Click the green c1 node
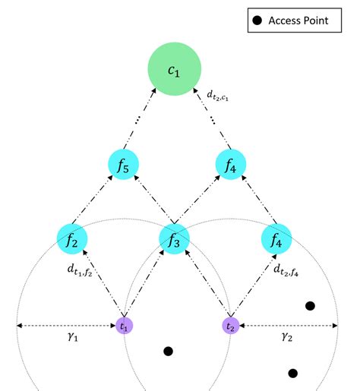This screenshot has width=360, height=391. [173, 70]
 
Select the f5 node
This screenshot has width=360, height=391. [122, 164]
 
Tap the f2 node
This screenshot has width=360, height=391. [72, 239]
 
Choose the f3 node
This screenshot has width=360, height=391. [173, 239]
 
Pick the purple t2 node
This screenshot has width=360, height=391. [230, 325]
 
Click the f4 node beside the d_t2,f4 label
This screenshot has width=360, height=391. [276, 239]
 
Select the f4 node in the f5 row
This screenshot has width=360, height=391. [230, 164]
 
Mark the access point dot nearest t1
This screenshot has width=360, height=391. [168, 351]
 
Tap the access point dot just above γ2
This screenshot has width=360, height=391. [310, 306]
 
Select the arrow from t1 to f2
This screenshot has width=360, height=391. [99, 286]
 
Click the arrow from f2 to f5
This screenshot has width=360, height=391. [96, 201]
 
